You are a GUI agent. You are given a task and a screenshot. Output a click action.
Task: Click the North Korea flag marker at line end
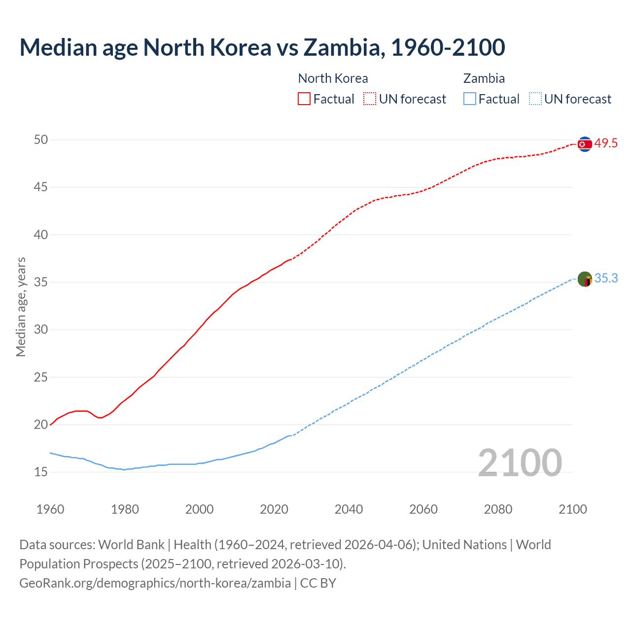point(585,144)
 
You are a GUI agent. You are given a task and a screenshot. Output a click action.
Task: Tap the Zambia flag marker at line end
point(585,279)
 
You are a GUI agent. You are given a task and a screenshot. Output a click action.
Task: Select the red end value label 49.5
point(606,143)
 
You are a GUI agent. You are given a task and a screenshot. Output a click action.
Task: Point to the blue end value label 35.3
point(606,279)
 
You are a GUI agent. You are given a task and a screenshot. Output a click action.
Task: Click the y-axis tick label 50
point(41,140)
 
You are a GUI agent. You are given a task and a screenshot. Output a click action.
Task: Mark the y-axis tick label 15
point(41,472)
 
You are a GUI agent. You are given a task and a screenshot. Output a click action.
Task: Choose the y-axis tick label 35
point(41,282)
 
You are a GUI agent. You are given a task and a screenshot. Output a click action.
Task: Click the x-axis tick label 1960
point(50,509)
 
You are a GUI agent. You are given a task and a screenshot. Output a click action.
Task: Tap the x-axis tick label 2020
point(274,509)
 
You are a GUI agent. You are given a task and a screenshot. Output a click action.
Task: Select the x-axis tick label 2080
point(498,509)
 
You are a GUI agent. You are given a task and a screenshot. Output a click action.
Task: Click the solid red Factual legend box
point(304,99)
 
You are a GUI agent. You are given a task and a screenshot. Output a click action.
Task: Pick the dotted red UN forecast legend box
point(370,99)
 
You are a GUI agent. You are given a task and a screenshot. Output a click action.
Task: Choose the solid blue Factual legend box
point(470,99)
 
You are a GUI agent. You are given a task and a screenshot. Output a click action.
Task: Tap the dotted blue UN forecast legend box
point(535,99)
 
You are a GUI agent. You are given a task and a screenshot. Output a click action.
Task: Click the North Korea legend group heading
point(333,78)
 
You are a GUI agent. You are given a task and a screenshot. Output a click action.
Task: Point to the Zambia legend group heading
point(484,78)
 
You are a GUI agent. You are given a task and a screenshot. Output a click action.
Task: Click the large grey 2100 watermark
point(520,463)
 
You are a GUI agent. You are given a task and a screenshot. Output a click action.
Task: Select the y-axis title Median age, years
point(21,307)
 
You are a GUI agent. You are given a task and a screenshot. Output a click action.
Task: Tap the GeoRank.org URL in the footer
point(155,583)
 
